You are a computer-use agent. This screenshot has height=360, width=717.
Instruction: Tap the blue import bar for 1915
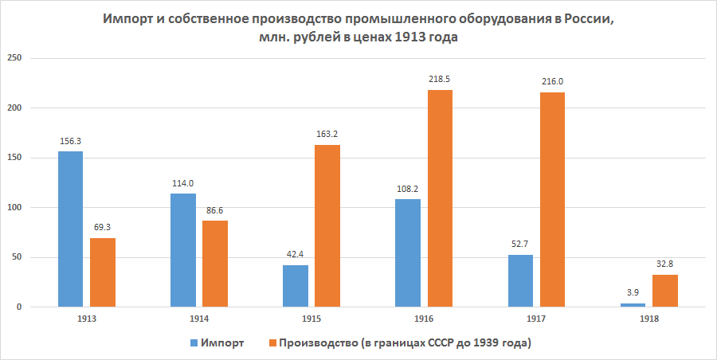[x=295, y=286]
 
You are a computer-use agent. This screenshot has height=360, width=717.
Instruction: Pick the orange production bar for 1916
[x=440, y=198]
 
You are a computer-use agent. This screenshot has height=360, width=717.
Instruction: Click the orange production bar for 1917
[x=552, y=200]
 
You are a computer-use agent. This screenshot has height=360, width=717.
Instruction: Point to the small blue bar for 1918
[x=633, y=305]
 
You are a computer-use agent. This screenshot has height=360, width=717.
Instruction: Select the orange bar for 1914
[x=215, y=264]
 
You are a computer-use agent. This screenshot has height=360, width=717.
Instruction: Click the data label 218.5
[x=440, y=80]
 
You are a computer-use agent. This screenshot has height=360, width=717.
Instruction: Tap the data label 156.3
[x=70, y=141]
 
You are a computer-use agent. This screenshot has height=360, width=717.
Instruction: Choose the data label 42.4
[x=295, y=255]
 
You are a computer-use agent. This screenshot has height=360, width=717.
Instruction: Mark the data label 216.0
[x=552, y=81]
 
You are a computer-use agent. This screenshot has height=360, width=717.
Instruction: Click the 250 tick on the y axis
[x=15, y=58]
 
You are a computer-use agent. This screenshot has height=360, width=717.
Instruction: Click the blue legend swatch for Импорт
[x=193, y=342]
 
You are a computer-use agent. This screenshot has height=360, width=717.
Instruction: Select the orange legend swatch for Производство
[x=271, y=342]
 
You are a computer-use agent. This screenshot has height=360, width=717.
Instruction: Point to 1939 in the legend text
[x=483, y=342]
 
